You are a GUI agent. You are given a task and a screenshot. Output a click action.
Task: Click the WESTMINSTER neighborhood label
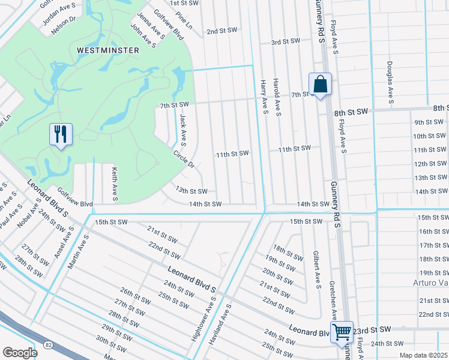pyautogui.click(x=108, y=50)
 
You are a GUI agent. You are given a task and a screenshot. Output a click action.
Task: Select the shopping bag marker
pyautogui.click(x=320, y=85)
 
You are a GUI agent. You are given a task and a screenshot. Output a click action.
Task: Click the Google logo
pyautogui.click(x=20, y=352)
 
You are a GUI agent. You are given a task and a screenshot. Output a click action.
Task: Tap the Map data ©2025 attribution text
pyautogui.click(x=423, y=355)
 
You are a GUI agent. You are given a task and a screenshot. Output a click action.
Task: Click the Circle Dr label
pyautogui.click(x=184, y=158)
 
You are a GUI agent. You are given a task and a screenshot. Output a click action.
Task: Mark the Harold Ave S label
pyautogui.click(x=277, y=97)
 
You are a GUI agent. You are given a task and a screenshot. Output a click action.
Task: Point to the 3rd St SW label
pyautogui.click(x=285, y=42)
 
